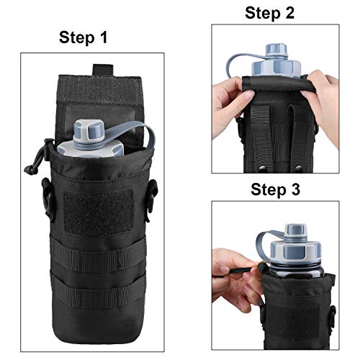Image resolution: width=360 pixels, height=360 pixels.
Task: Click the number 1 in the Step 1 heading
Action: [104, 37]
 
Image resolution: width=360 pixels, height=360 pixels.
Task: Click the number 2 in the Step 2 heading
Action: [289, 13]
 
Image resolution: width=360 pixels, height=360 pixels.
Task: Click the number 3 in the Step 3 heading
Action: [295, 189]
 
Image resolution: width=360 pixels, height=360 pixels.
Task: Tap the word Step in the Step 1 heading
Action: [77, 37]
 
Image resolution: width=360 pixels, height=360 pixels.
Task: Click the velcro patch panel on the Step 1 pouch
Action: [99, 212]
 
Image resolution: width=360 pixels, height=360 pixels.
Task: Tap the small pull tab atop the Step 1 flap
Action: [103, 70]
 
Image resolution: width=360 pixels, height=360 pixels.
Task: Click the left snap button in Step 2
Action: [262, 169]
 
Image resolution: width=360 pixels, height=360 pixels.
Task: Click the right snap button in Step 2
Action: [297, 168]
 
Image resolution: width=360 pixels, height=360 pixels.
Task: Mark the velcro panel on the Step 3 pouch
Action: [294, 323]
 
